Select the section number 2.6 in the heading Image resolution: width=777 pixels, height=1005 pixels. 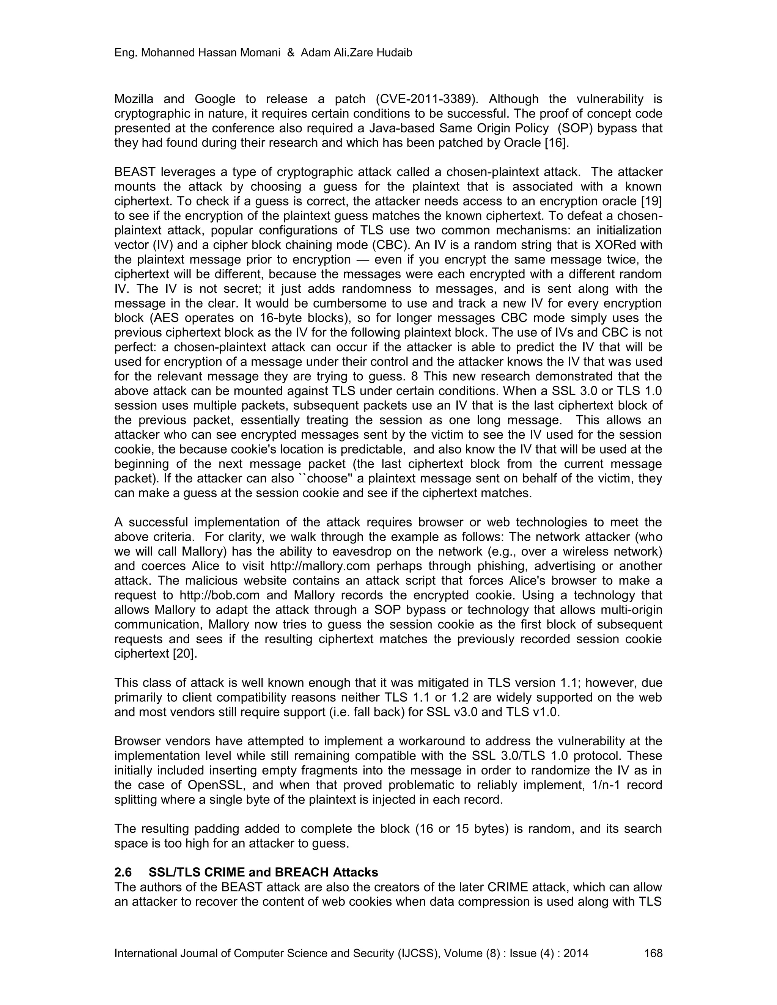pyautogui.click(x=123, y=873)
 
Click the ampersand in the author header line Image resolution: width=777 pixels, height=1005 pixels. pyautogui.click(x=291, y=53)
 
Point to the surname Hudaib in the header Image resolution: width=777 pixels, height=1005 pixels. pyautogui.click(x=393, y=53)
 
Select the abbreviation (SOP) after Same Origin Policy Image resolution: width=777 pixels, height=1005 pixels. pyautogui.click(x=572, y=128)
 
